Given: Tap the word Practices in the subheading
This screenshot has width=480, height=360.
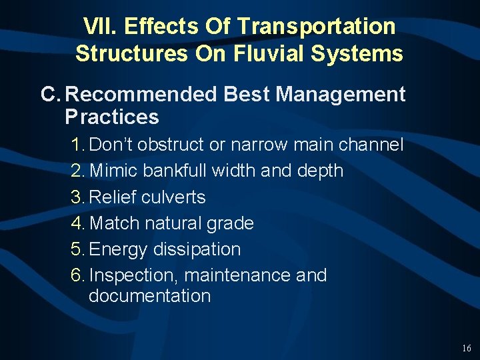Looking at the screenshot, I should click(x=112, y=117).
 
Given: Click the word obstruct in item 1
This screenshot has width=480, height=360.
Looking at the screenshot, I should click(x=173, y=145).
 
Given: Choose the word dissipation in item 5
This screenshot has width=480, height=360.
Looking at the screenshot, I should click(x=197, y=249).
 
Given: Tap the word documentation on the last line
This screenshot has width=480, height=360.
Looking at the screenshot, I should click(x=149, y=295).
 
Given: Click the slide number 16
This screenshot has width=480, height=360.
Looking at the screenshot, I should click(x=466, y=349).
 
